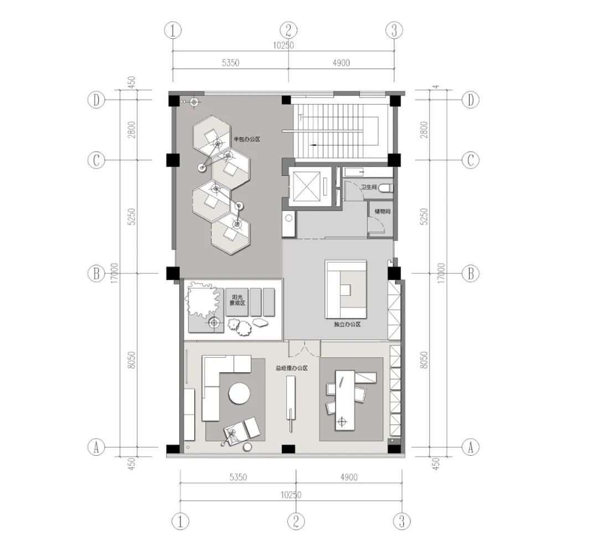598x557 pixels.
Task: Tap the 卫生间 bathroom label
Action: [369, 188]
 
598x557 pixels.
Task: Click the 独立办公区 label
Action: [348, 324]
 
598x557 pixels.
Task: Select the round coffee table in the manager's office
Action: [239, 394]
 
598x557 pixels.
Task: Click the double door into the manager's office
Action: [305, 348]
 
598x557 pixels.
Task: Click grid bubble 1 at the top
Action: [173, 30]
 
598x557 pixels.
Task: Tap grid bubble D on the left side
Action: [96, 100]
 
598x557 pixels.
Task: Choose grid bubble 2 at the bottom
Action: [296, 520]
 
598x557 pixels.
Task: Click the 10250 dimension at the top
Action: [283, 46]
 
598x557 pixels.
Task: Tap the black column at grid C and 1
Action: [173, 160]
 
